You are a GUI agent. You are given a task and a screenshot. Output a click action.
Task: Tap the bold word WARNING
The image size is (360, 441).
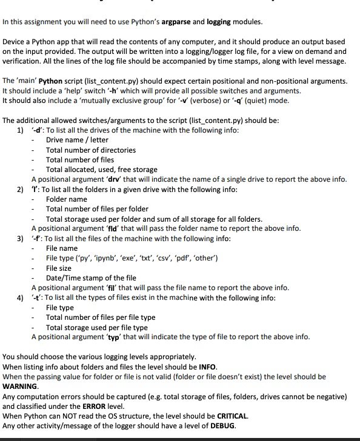point(20,386)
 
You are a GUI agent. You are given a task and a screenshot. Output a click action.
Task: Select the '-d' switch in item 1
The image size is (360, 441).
point(37,130)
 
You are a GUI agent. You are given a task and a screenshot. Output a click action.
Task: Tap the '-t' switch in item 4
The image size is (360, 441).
point(36,297)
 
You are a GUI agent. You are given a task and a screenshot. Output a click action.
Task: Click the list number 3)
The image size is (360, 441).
point(20,239)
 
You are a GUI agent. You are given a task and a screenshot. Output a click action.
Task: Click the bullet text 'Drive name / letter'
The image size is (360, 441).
point(77,140)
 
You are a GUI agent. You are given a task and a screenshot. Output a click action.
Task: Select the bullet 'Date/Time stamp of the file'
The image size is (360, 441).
point(90,277)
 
